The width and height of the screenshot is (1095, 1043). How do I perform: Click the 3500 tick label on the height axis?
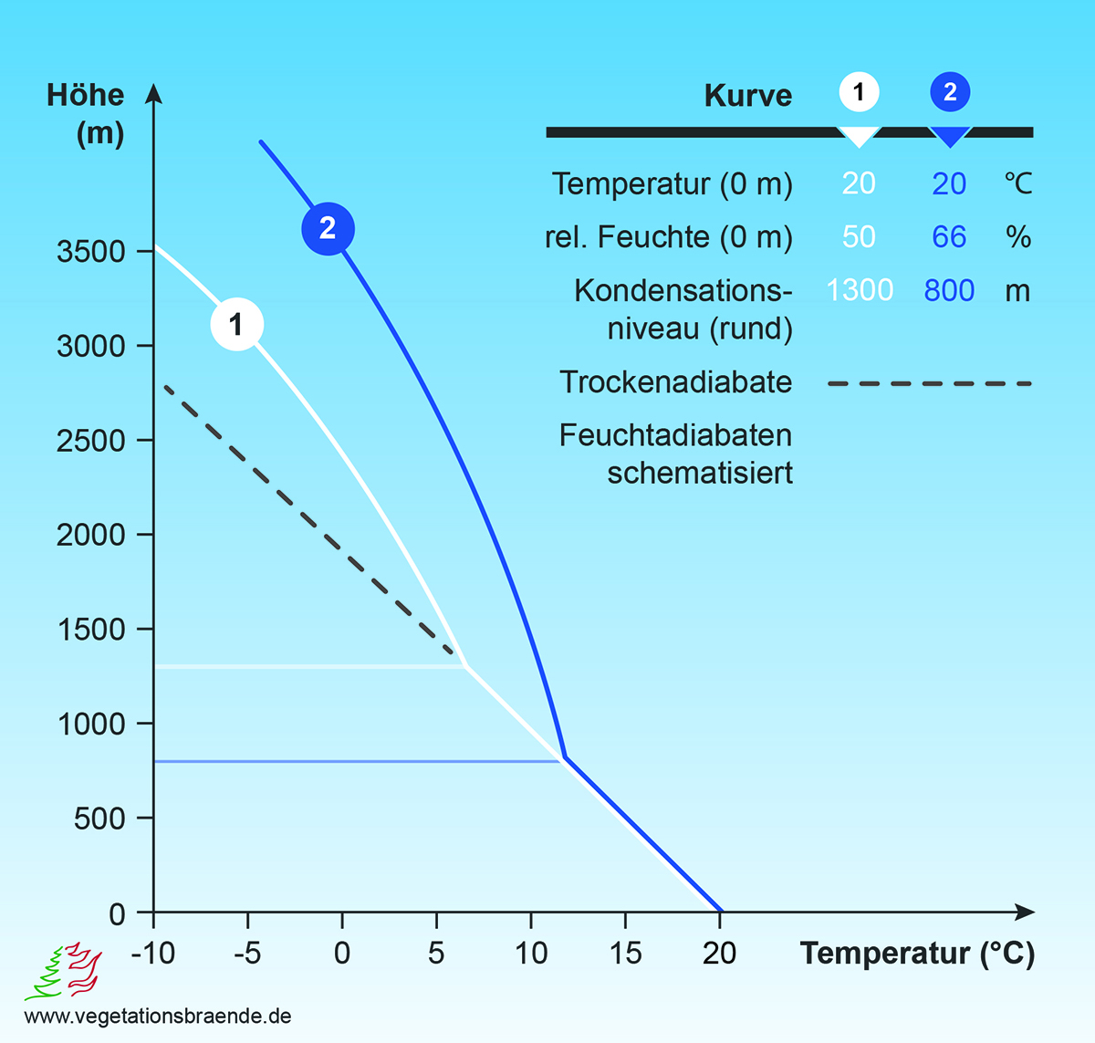[91, 252]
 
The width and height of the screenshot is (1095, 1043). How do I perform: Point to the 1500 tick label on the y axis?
[91, 630]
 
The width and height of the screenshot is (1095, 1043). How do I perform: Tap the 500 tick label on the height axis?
[99, 819]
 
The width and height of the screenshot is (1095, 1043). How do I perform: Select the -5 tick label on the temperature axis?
[247, 954]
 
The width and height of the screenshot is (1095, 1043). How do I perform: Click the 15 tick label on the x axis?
[625, 954]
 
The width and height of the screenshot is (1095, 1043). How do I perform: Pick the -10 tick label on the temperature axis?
[152, 954]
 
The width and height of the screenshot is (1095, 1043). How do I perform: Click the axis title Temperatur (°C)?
[917, 954]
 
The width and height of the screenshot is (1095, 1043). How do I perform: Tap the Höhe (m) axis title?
[87, 114]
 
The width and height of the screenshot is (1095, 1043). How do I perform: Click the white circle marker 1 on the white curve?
[237, 324]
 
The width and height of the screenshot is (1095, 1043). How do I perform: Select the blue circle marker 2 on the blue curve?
[328, 228]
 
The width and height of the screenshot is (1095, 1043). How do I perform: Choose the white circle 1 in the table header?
[859, 92]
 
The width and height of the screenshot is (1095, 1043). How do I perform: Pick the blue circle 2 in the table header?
[950, 92]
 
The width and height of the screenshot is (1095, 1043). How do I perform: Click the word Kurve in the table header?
[748, 96]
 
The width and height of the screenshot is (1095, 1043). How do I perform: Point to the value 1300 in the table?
[860, 290]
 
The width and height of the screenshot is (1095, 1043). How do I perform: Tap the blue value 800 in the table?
[949, 290]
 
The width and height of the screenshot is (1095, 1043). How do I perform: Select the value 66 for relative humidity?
[949, 237]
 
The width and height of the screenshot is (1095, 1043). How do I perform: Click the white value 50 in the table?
[859, 237]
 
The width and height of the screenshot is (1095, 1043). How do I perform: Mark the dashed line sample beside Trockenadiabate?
[929, 384]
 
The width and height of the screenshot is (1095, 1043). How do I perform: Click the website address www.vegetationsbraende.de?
[158, 1017]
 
